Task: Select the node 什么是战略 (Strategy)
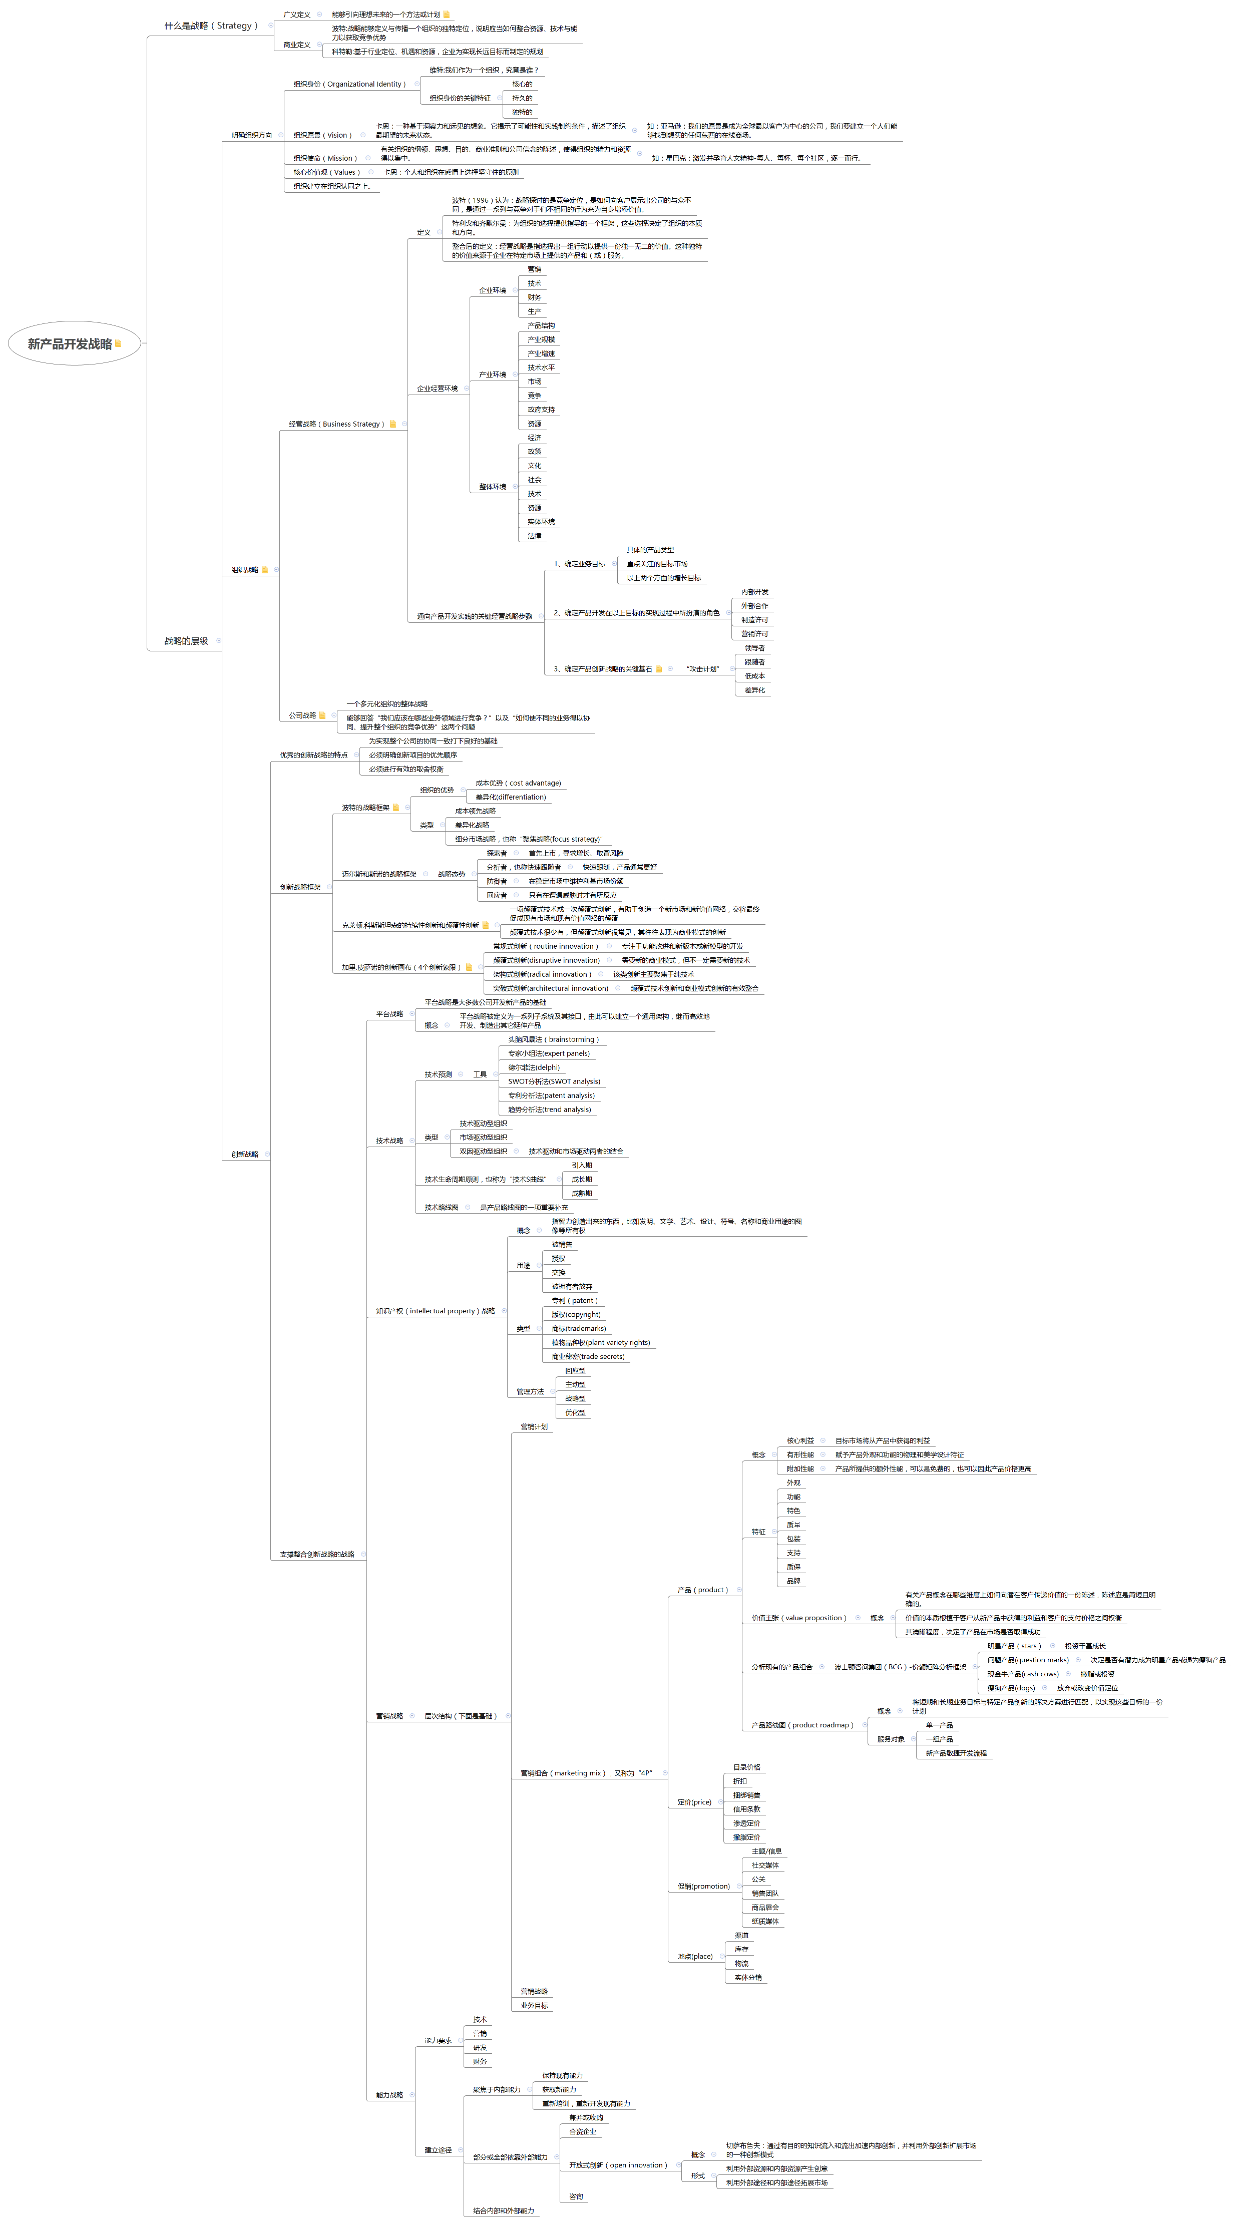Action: (211, 26)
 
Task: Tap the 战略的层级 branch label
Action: (187, 641)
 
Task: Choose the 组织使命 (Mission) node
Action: (325, 159)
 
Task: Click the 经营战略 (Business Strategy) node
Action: (336, 424)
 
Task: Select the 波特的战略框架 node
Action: (365, 808)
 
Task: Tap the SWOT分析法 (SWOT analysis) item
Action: (554, 1081)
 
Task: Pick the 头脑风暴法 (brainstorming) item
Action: (553, 1039)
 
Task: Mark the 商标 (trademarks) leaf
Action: (579, 1328)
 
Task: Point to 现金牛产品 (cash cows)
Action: (1022, 1674)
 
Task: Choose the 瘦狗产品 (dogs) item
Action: (1011, 1688)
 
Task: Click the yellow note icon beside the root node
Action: (118, 344)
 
